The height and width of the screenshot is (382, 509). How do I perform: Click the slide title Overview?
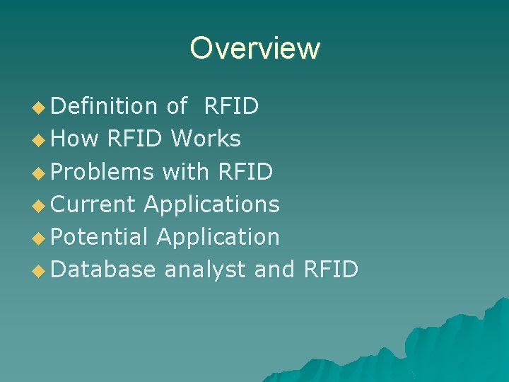255,48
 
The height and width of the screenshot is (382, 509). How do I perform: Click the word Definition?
104,106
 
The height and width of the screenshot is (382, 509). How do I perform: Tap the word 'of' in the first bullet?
177,106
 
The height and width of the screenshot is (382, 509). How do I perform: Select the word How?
75,139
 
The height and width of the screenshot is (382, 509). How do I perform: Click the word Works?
210,139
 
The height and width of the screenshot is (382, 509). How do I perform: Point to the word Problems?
103,171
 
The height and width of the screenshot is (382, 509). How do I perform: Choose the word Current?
93,204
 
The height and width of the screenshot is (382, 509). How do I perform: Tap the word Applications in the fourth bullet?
212,204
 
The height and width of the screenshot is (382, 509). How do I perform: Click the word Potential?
100,237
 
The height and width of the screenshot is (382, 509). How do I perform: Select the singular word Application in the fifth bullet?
218,237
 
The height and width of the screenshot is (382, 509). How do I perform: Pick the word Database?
103,270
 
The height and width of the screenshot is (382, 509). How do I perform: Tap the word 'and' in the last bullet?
274,270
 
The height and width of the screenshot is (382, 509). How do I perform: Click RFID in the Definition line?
231,106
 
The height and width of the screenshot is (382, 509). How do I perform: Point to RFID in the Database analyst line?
330,270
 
